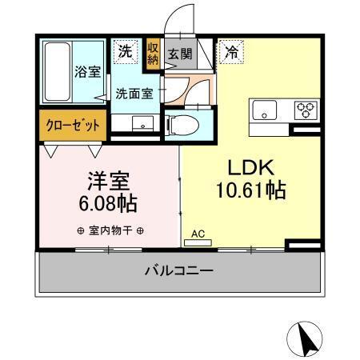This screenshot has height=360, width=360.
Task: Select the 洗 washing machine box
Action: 125,51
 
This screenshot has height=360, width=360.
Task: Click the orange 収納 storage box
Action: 153,57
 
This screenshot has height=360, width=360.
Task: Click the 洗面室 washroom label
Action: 134,93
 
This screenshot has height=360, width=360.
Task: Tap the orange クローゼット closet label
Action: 71,126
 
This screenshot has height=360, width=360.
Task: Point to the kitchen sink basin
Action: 265,110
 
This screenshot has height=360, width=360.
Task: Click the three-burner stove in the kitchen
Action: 305,110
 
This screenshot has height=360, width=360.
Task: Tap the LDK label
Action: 252,168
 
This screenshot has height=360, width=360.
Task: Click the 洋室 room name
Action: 108,181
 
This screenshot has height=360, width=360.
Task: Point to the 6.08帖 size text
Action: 108,203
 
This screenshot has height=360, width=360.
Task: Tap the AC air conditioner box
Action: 198,234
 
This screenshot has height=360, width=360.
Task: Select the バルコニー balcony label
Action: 178,271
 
